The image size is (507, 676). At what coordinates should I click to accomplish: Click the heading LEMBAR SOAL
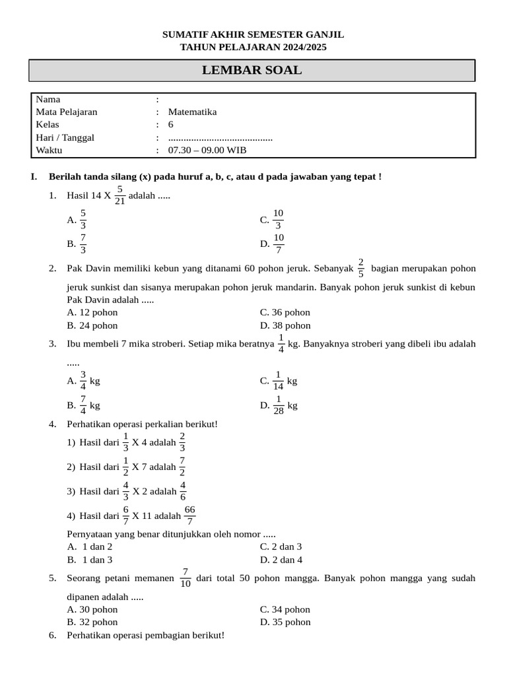[252, 71]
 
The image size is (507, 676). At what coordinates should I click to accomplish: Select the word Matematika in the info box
[192, 112]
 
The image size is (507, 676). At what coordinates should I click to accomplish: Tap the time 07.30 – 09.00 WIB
[207, 150]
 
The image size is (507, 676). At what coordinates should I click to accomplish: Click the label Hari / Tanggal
[65, 137]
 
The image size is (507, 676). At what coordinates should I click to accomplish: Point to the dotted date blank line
[220, 138]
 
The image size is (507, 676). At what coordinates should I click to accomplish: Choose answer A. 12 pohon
[92, 312]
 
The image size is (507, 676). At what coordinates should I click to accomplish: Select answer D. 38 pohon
[285, 325]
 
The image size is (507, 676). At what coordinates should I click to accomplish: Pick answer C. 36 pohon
[285, 312]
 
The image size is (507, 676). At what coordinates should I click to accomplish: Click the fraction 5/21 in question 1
[119, 195]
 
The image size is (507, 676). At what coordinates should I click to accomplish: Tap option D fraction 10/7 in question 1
[279, 244]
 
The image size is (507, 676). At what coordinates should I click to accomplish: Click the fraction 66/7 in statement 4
[189, 516]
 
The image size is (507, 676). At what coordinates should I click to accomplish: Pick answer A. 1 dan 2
[90, 547]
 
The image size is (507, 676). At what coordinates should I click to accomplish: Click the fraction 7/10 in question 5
[186, 578]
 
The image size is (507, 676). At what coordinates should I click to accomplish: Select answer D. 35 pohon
[285, 622]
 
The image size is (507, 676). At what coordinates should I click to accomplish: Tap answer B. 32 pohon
[92, 622]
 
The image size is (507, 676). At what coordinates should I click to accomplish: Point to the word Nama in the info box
[48, 99]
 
